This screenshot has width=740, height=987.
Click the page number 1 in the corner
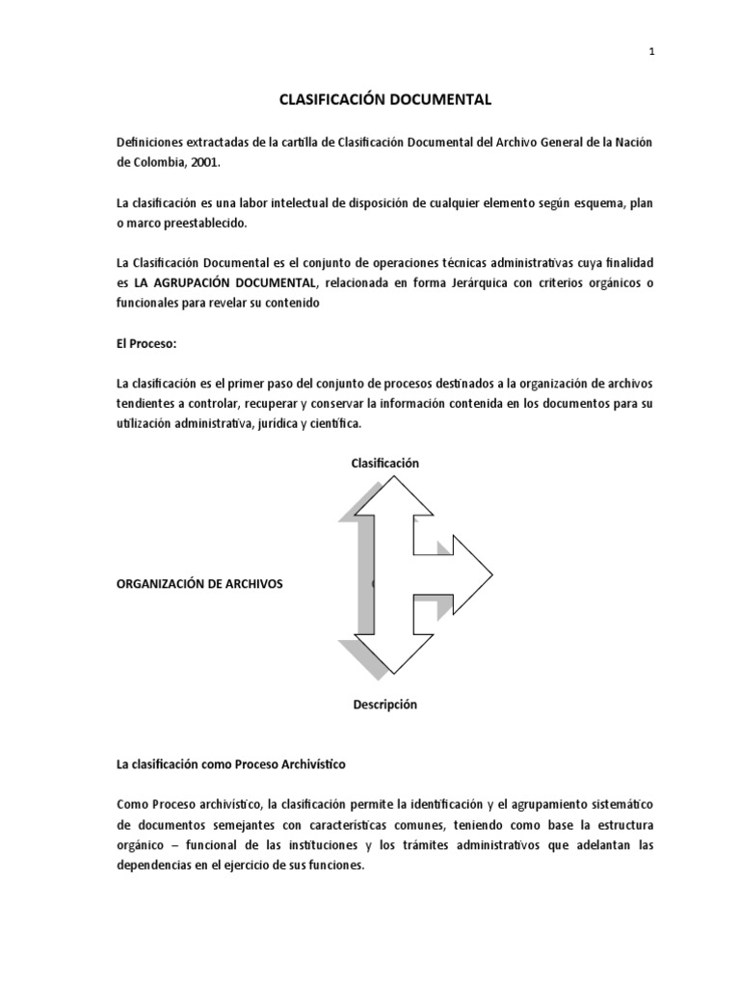pos(652,53)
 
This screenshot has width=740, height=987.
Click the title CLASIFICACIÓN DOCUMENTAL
pos(385,98)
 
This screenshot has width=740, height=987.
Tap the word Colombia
pos(164,163)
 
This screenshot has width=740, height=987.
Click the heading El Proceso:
pos(146,344)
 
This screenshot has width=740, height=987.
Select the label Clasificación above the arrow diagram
pos(385,463)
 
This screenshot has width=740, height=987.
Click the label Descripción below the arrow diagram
pos(385,705)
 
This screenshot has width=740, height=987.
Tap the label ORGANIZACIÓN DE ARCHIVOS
pos(199,584)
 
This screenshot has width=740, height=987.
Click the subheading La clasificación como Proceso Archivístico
pos(230,764)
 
